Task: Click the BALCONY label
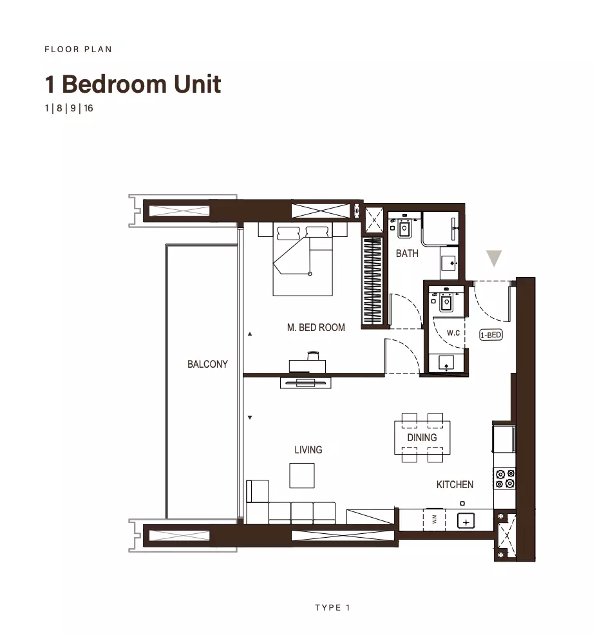207,364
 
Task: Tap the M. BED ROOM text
316,327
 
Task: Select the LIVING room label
308,450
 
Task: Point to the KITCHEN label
455,484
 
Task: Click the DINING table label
422,437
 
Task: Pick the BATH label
407,254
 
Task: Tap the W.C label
453,333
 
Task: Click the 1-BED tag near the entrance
491,335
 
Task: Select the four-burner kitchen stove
505,479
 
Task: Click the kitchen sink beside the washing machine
466,521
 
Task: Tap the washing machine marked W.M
434,519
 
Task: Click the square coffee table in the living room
302,475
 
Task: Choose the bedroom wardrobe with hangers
372,281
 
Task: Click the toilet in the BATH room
404,228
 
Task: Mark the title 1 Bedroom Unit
133,84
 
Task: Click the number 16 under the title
88,108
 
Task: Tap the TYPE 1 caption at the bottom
332,607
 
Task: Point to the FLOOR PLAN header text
78,50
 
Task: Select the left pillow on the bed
288,233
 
